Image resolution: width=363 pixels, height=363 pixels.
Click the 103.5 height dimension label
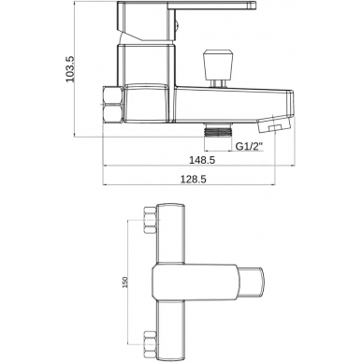tap(70, 69)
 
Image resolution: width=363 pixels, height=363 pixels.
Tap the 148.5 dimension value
tap(203, 160)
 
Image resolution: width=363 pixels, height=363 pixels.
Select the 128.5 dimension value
tap(194, 179)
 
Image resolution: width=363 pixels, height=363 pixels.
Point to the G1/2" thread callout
tap(249, 146)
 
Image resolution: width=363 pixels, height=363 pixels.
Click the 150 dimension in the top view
tap(124, 283)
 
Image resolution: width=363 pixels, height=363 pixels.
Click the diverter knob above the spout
tap(218, 64)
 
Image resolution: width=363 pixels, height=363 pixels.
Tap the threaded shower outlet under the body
tap(218, 129)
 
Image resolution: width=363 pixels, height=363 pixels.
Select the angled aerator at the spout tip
tap(273, 123)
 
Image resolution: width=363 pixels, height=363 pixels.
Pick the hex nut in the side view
tap(112, 105)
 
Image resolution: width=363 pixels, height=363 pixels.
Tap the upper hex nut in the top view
tap(150, 220)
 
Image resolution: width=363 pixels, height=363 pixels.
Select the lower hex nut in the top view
tap(150, 344)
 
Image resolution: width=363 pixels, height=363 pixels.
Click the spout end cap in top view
tap(251, 282)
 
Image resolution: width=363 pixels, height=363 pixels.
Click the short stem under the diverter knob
tap(218, 82)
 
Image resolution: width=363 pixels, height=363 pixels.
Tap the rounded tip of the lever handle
tap(254, 5)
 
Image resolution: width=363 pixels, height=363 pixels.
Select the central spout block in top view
tap(195, 283)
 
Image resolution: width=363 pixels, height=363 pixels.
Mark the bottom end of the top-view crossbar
tap(170, 359)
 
